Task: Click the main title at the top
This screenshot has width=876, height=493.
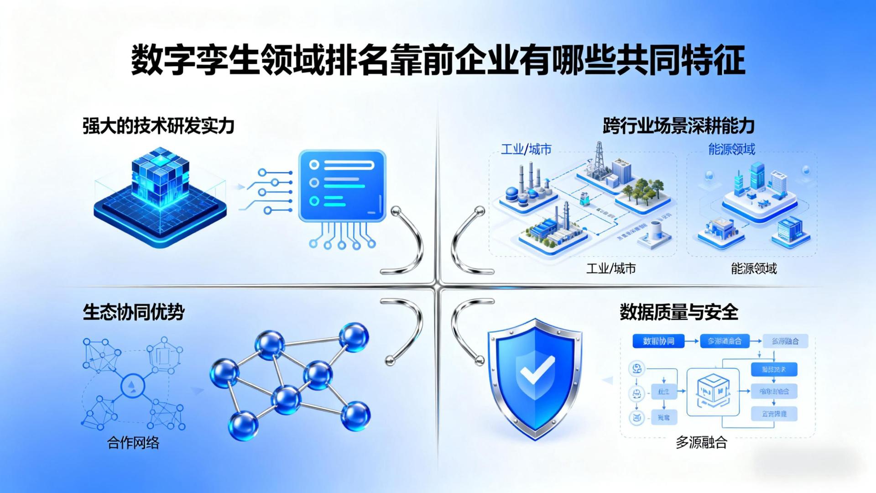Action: pyautogui.click(x=438, y=60)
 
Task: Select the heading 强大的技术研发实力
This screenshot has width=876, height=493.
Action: pyautogui.click(x=158, y=126)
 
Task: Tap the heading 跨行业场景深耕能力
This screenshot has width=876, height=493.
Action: pyautogui.click(x=678, y=126)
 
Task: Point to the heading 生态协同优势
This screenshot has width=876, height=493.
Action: pyautogui.click(x=134, y=313)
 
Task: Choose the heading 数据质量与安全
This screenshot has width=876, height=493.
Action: pyautogui.click(x=678, y=313)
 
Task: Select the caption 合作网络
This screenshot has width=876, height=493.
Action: pyautogui.click(x=133, y=442)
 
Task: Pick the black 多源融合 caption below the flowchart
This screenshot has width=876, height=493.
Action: pyautogui.click(x=701, y=442)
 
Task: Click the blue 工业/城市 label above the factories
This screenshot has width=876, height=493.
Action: pyautogui.click(x=526, y=149)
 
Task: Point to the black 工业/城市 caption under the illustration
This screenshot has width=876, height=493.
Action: pyautogui.click(x=611, y=268)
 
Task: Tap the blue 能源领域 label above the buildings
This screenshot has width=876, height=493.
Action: pyautogui.click(x=731, y=149)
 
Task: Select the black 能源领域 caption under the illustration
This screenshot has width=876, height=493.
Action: pyautogui.click(x=754, y=268)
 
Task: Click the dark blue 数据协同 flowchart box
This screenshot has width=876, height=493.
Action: pyautogui.click(x=658, y=341)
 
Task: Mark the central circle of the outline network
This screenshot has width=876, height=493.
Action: pyautogui.click(x=133, y=386)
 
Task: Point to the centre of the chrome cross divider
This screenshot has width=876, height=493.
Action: pyautogui.click(x=438, y=287)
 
